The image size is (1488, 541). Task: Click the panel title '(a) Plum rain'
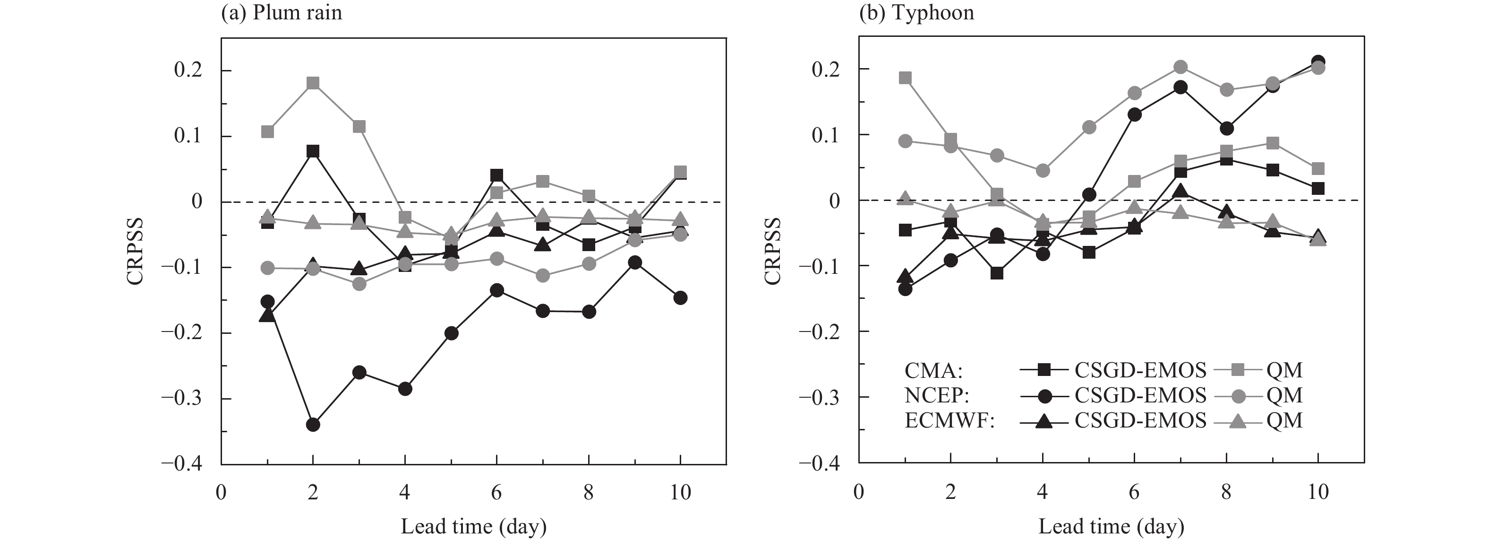coord(282,13)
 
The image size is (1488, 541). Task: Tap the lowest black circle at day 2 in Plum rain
coord(313,425)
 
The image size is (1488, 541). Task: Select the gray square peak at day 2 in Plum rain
coord(313,83)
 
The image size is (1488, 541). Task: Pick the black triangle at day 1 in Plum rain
coord(267,315)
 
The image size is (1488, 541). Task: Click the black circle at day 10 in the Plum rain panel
coord(680,297)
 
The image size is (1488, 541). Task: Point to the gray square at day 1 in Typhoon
coord(905,78)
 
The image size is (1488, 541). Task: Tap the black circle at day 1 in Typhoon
coord(905,288)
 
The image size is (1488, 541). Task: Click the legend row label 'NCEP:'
coord(936,395)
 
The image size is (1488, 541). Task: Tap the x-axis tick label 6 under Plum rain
coord(496,492)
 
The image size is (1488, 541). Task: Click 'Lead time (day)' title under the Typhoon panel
coord(1111,526)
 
